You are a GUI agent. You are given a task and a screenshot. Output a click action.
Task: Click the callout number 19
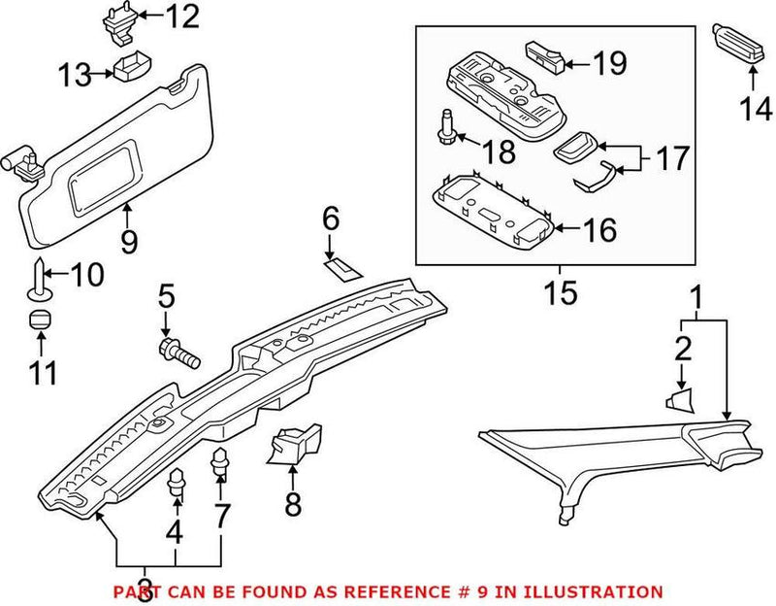pyautogui.click(x=609, y=65)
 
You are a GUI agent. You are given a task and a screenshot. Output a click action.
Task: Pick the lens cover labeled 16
pyautogui.click(x=494, y=205)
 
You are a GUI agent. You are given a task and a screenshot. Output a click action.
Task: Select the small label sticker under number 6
pyautogui.click(x=341, y=265)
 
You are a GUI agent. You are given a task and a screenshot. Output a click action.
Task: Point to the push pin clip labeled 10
pyautogui.click(x=38, y=277)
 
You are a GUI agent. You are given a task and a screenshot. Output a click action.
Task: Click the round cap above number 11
pyautogui.click(x=40, y=320)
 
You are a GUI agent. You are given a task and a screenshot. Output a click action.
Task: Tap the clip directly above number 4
pyautogui.click(x=177, y=481)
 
